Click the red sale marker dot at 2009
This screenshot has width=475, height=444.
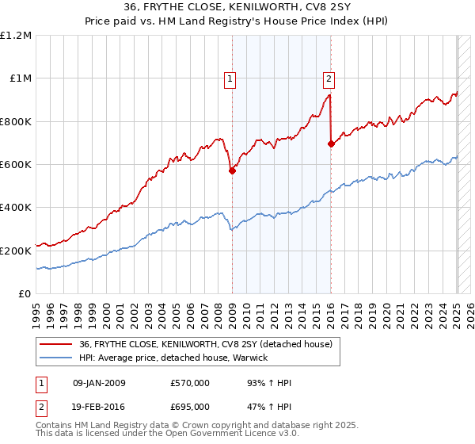(x=232, y=170)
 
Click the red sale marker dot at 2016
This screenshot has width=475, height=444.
(x=331, y=144)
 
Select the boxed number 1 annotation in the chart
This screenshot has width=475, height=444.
(x=230, y=78)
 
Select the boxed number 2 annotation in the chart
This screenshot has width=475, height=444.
(x=329, y=78)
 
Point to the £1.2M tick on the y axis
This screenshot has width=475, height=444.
(x=16, y=36)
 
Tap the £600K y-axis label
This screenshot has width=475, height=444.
(x=16, y=165)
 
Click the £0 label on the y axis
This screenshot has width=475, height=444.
(x=25, y=294)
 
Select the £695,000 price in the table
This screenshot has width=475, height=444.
(x=190, y=405)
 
